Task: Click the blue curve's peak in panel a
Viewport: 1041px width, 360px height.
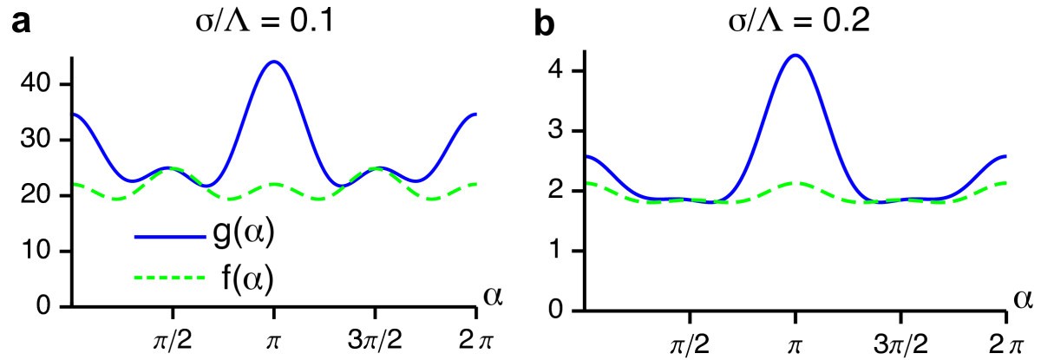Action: [x=274, y=62]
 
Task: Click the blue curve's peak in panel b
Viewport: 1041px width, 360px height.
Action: [x=794, y=56]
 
